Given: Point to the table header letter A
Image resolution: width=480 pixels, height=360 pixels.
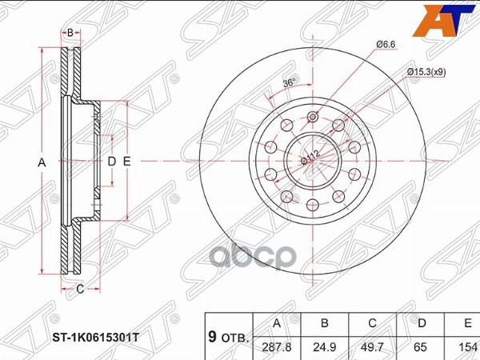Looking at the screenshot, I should pos(278,324).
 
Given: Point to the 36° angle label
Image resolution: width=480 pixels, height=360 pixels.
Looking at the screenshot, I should pos(289,82).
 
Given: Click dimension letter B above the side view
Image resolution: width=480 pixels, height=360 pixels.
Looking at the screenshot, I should pos(70,33).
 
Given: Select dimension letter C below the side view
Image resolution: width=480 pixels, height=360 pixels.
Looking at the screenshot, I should pos(80,289).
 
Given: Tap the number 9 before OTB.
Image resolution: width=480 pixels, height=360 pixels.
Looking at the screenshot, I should pos(212,337).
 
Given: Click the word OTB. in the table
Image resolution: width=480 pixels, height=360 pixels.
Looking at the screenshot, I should pos(236,338).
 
